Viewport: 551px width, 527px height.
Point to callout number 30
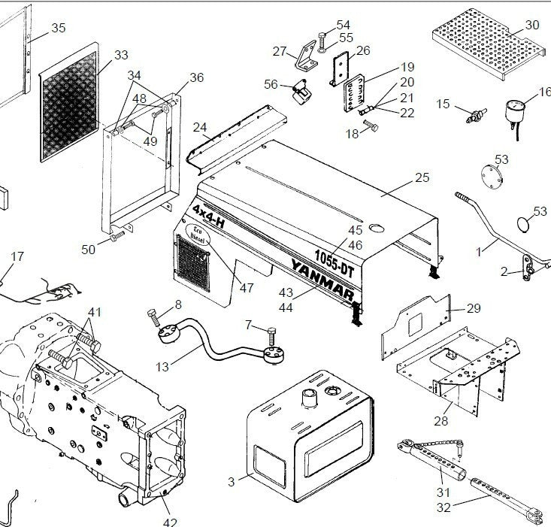click(532, 25)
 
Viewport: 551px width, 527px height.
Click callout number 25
click(422, 178)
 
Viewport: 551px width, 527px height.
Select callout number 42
click(169, 521)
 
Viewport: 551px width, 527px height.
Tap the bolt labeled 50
click(116, 238)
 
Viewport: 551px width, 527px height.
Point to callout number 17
click(17, 256)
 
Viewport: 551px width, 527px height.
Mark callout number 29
click(474, 308)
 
